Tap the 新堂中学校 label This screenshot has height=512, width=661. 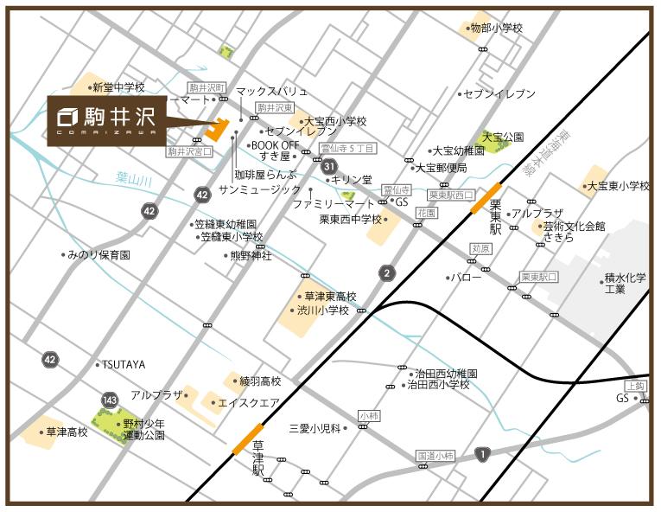click(x=118, y=87)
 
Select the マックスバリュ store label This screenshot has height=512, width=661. click(x=271, y=90)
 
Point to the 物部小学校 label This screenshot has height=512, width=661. click(x=496, y=29)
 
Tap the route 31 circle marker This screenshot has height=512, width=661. click(x=329, y=166)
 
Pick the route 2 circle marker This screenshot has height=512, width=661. click(x=387, y=273)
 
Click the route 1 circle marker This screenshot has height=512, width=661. click(x=480, y=453)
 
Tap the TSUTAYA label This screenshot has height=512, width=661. click(x=124, y=364)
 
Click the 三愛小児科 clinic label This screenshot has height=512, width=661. click(x=317, y=427)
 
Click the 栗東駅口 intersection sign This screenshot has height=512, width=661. click(x=539, y=277)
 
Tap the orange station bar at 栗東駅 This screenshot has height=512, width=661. click(x=486, y=197)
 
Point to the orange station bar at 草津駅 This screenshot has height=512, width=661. click(x=248, y=438)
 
